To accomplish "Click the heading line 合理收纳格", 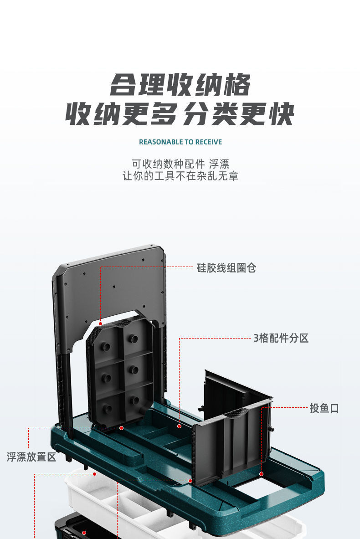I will (x=180, y=85).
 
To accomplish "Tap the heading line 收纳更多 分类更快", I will (x=180, y=114).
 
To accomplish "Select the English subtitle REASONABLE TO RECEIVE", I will (x=180, y=142).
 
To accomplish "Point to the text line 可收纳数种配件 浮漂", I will (x=180, y=164).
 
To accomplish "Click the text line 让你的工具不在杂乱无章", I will (x=180, y=176).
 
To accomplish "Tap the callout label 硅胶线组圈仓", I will (x=226, y=267).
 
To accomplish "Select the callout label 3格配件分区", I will (x=281, y=338).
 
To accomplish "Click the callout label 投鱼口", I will (x=324, y=408).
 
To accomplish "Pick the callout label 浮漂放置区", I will (x=31, y=457).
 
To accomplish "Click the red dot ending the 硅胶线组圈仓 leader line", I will (x=100, y=323).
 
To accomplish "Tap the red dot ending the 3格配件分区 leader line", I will (x=179, y=426).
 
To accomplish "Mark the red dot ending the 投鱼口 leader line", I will (x=261, y=474).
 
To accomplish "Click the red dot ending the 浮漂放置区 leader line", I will (x=122, y=428).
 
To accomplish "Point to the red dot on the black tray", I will (x=84, y=532).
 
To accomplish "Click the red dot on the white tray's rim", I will (x=95, y=474).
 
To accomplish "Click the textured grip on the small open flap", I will (x=235, y=415).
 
